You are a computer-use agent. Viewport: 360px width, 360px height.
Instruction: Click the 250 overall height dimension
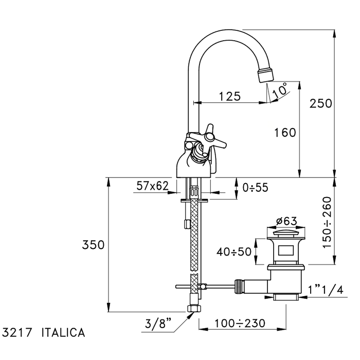click(320, 103)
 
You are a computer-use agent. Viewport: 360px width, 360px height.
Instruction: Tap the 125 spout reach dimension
click(229, 96)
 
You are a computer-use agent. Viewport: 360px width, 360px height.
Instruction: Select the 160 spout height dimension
click(285, 133)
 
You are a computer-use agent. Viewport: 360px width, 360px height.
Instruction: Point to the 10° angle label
click(280, 90)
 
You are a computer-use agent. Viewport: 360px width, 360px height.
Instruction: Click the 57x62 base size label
click(152, 186)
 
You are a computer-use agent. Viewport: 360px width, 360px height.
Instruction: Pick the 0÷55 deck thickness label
click(255, 188)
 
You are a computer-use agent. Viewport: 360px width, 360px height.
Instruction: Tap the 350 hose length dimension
click(93, 245)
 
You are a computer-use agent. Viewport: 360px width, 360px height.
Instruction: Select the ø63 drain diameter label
click(286, 221)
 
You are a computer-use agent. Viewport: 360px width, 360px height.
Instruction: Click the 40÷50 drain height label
click(233, 252)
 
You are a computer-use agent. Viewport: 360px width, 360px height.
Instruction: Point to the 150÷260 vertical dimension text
click(327, 223)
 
